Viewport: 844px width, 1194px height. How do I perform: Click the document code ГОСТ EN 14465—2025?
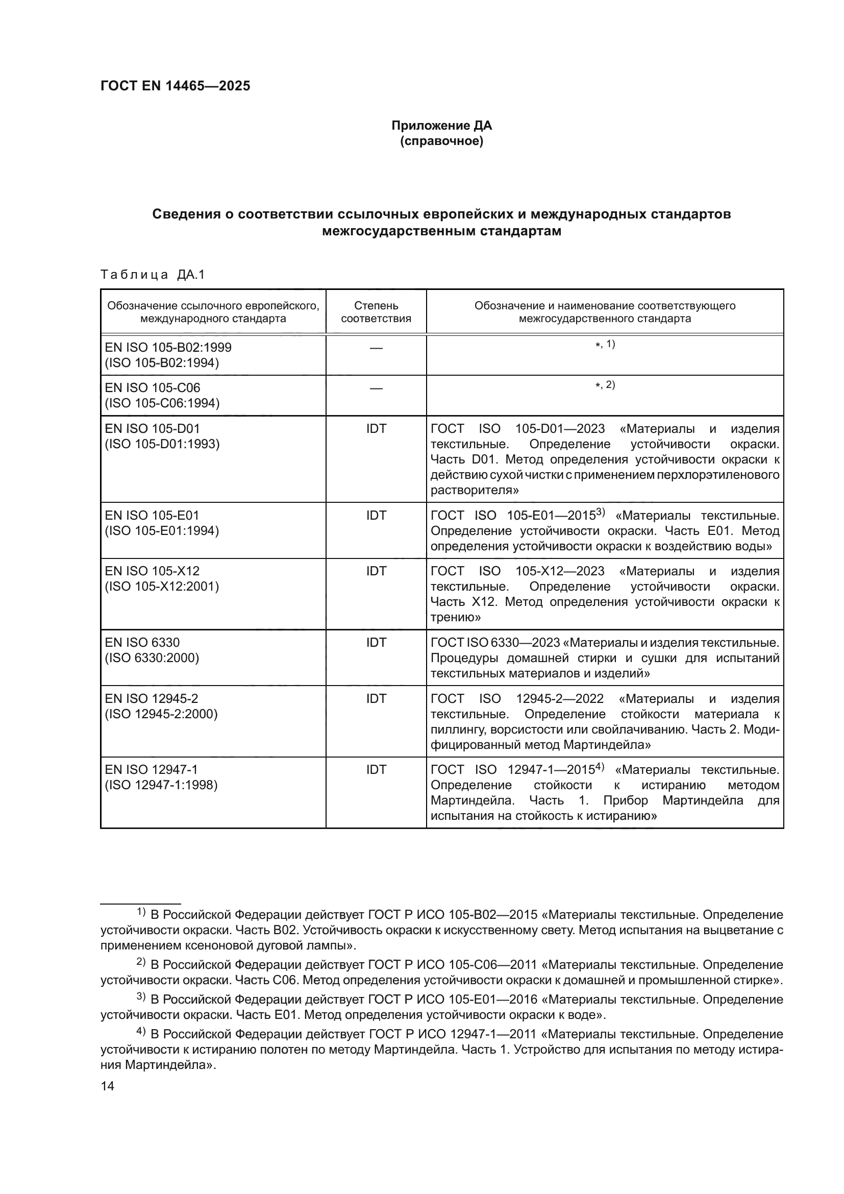(175, 86)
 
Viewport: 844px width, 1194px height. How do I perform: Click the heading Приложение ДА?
(441, 126)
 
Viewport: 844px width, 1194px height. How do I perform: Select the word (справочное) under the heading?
(441, 141)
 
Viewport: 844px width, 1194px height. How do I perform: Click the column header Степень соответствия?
(376, 311)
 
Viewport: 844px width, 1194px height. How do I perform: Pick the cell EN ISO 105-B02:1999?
(168, 347)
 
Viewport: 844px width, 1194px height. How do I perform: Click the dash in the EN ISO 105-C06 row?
(376, 388)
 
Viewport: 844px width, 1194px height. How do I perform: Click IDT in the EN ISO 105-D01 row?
(376, 428)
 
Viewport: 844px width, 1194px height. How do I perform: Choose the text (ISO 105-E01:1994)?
(162, 530)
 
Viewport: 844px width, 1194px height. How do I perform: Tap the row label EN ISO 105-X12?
(152, 571)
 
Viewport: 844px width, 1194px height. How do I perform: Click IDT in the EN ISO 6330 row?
(376, 642)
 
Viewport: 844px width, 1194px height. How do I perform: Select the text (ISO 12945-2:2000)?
(161, 714)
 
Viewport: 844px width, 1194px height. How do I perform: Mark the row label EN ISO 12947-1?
(151, 769)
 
